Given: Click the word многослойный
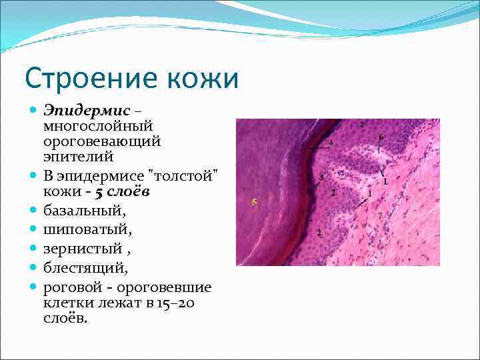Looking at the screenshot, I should click(x=97, y=126).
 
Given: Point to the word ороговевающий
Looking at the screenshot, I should click(x=102, y=141).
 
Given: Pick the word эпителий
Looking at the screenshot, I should click(x=78, y=157).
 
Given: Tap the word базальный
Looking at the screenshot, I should click(x=84, y=211).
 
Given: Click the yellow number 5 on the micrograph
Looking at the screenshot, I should click(x=254, y=201).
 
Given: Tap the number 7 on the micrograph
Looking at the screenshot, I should click(x=380, y=216).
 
